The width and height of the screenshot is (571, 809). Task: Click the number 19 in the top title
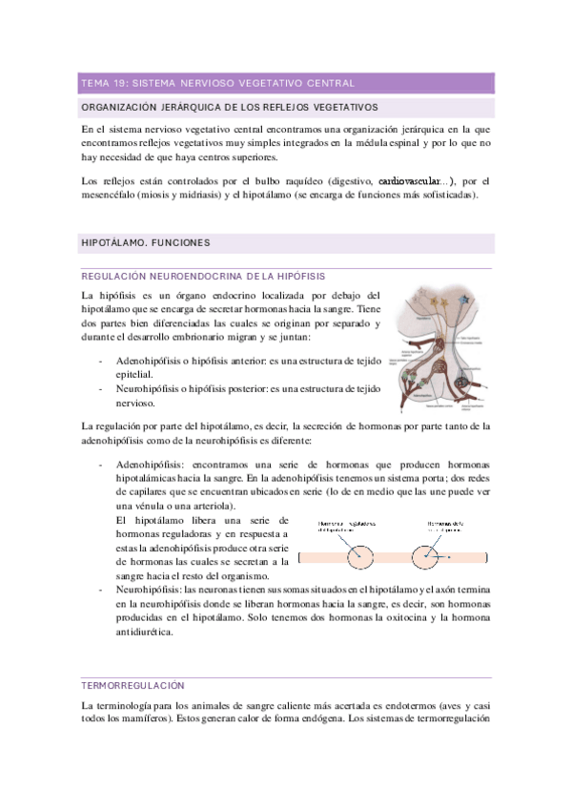[x=121, y=83]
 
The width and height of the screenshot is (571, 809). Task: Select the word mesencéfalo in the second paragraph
[x=113, y=196]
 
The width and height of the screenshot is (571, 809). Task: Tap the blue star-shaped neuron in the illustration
[x=463, y=303]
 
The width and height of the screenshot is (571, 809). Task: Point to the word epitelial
[x=134, y=375]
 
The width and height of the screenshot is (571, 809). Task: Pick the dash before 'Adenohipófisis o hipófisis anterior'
[x=102, y=363]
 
